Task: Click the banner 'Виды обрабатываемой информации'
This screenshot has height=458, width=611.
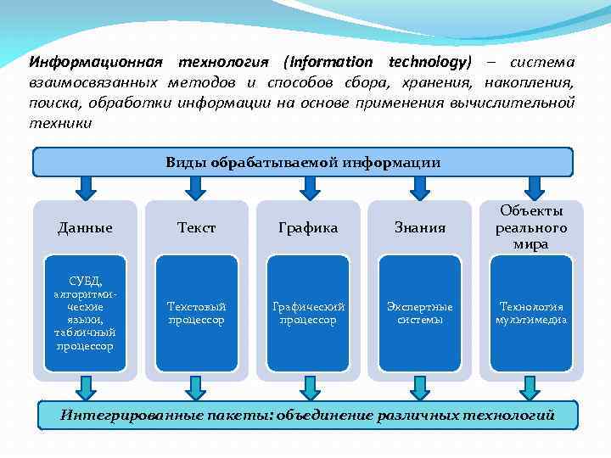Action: point(303,162)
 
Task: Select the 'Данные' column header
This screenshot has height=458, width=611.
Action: point(85,227)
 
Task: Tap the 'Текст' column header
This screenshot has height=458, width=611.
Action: point(196,227)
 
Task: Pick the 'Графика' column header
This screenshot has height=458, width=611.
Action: point(308,227)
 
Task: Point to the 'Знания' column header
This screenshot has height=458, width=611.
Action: point(419,227)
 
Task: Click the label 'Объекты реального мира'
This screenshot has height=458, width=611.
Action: point(531,226)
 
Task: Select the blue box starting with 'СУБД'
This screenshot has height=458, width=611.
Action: point(85,314)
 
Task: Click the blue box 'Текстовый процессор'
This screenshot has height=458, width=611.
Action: point(196,314)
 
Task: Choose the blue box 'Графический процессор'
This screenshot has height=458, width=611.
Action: point(308,314)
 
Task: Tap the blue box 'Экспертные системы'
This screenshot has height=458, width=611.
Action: point(419,314)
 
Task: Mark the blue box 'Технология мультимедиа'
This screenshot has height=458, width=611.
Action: point(531,314)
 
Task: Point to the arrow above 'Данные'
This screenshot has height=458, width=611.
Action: point(85,187)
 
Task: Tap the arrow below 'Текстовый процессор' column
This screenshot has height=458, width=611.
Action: point(197,388)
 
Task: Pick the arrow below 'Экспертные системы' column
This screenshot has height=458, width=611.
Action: point(419,388)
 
